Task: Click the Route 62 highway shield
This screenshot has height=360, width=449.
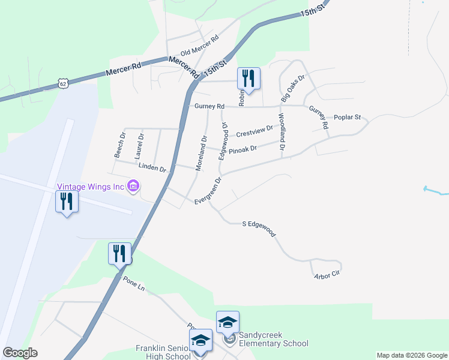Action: [63, 83]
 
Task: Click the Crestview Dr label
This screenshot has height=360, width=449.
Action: [255, 131]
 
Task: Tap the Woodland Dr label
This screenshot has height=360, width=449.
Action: [281, 131]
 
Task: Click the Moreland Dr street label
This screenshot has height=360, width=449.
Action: [201, 152]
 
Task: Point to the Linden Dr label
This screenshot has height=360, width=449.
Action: [151, 168]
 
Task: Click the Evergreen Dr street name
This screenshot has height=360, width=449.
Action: [208, 191]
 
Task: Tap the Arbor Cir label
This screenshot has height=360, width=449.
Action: [327, 274]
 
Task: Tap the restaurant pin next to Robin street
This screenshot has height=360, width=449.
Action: [249, 78]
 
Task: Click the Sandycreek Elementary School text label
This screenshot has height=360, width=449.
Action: [273, 339]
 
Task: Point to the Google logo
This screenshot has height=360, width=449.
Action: [20, 353]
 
